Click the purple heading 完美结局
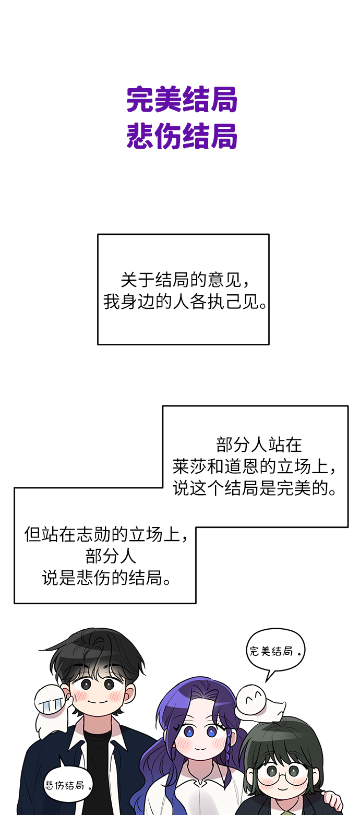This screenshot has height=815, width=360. (x=182, y=100)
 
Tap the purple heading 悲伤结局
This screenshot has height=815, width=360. (x=182, y=137)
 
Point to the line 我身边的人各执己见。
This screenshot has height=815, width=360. (x=185, y=302)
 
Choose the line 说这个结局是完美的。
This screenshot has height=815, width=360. (x=255, y=488)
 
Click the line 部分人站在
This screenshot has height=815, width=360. (x=259, y=445)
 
